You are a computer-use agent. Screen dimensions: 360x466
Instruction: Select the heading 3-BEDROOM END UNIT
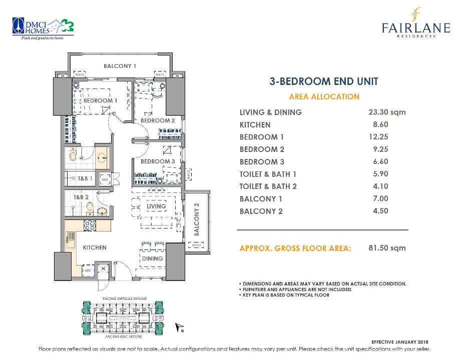point(323,81)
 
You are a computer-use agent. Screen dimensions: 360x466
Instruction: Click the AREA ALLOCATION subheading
point(324,96)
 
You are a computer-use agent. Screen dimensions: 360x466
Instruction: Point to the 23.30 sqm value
point(386,112)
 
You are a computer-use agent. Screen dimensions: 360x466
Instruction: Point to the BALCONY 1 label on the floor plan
point(120,66)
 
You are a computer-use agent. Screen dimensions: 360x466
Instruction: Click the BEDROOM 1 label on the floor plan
point(100,100)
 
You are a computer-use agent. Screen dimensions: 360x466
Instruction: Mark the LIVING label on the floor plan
point(156,206)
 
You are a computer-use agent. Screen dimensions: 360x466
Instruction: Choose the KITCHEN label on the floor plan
point(95,247)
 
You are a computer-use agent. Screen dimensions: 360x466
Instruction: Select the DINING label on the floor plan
point(152,258)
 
